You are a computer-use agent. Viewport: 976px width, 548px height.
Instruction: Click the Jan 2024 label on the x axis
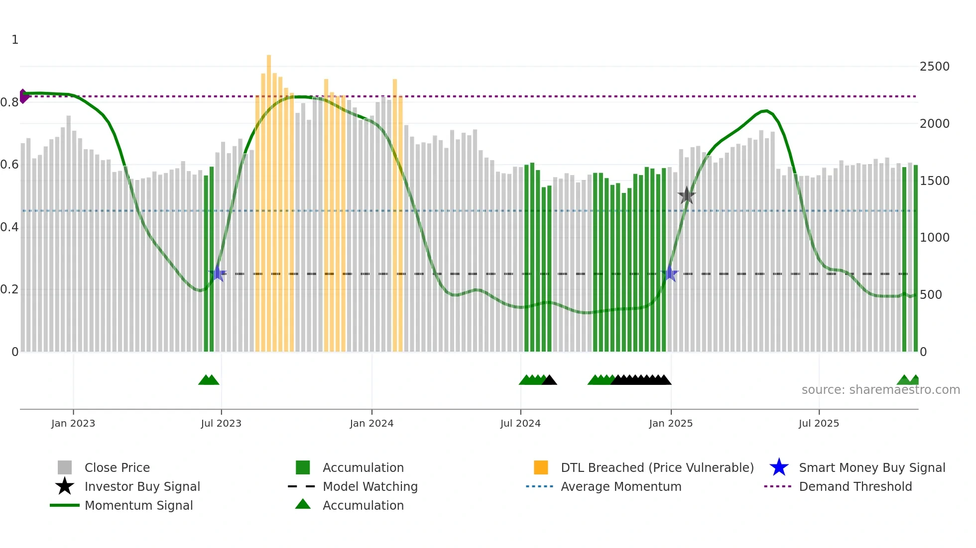[371, 423]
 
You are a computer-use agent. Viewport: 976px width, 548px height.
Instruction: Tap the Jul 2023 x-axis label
[221, 423]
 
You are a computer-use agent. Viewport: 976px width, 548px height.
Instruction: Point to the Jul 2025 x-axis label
[819, 423]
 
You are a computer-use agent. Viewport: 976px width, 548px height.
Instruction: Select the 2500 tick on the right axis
[934, 67]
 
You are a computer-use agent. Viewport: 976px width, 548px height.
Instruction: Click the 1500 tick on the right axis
[934, 181]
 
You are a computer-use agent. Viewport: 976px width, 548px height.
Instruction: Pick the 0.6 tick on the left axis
[9, 165]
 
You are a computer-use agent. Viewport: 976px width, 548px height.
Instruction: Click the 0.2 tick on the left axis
[9, 289]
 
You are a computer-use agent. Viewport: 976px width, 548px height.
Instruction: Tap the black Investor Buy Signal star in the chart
[686, 195]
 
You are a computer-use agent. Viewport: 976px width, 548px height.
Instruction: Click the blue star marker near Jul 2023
[217, 273]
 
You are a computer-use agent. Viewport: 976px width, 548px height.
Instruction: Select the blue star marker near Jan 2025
[670, 273]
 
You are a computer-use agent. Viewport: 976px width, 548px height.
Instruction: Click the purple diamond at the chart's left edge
[23, 96]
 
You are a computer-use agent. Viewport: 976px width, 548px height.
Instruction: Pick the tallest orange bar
[269, 199]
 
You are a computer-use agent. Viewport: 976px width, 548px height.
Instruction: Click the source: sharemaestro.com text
[880, 390]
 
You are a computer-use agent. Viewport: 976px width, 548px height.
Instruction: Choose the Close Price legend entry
[117, 467]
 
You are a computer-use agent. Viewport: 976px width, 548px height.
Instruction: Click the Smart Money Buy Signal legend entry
[871, 467]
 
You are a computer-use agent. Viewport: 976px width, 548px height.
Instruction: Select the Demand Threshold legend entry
[855, 486]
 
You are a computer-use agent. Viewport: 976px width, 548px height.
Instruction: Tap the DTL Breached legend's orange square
[541, 467]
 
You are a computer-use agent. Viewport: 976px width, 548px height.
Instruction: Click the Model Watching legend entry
[369, 486]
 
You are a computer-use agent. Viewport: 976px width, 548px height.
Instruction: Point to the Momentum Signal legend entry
[138, 505]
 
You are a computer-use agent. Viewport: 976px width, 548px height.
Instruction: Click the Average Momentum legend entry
[620, 486]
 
